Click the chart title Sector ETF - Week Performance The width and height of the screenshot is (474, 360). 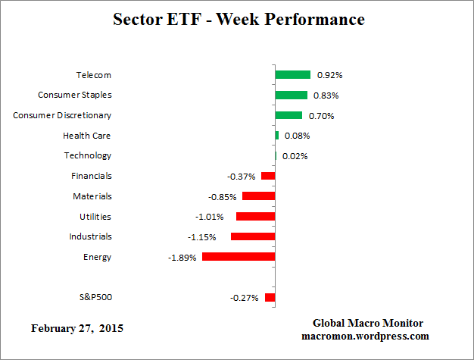[x=239, y=19]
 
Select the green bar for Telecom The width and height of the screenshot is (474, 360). [x=293, y=75]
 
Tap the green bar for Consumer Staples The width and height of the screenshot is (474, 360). [x=292, y=95]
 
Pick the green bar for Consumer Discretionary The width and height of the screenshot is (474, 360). [x=288, y=115]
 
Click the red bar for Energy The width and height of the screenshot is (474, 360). [x=239, y=257]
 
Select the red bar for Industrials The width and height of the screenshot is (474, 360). [x=253, y=236]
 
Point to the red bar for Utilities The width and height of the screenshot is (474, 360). [x=255, y=217]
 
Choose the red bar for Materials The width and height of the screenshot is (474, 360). [x=258, y=196]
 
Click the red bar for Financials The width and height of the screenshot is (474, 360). [x=268, y=176]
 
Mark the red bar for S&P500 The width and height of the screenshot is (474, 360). [x=270, y=298]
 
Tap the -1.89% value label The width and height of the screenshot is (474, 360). [x=182, y=257]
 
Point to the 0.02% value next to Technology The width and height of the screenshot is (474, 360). [x=295, y=156]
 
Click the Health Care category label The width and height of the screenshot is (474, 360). [x=86, y=136]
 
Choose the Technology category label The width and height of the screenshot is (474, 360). [x=87, y=155]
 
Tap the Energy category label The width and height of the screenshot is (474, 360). [x=97, y=257]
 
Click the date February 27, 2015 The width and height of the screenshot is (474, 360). [x=76, y=329]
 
